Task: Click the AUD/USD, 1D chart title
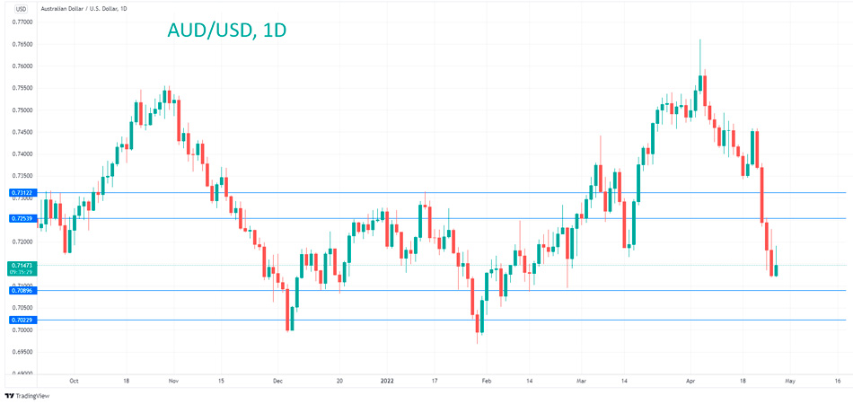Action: click(227, 30)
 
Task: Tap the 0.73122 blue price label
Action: click(21, 193)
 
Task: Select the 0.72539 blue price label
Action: click(21, 218)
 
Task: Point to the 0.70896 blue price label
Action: click(21, 290)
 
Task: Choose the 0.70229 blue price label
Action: click(21, 320)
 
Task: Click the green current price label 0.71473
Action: click(21, 267)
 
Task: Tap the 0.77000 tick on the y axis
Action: click(21, 22)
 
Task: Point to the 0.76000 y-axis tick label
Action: click(21, 66)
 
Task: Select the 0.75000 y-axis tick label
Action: click(21, 110)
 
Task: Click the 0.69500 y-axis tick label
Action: click(21, 352)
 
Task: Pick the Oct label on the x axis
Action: click(74, 380)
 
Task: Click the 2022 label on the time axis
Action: click(387, 380)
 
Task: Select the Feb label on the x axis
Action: click(486, 380)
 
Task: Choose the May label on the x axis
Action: click(789, 380)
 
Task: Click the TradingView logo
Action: click(28, 395)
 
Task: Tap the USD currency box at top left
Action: click(21, 9)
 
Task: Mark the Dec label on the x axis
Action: click(277, 380)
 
